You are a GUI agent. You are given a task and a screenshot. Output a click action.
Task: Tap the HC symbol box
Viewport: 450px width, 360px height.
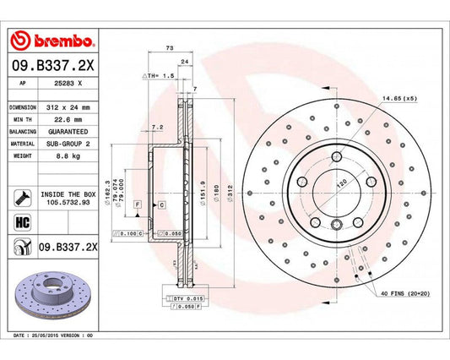[21, 223]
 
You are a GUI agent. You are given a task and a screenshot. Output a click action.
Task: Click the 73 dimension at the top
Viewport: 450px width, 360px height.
[170, 49]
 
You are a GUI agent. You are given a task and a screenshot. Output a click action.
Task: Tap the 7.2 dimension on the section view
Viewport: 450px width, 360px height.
[156, 127]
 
